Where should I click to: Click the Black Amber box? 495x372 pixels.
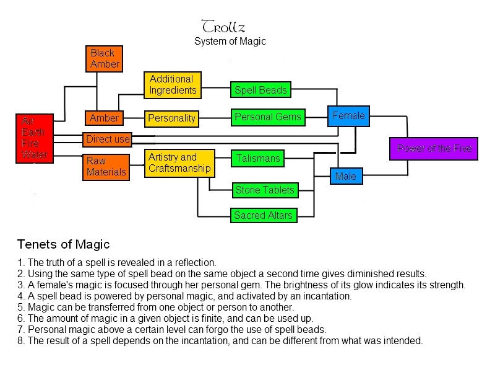coord(105,58)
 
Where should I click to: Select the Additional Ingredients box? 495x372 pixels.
coord(172,85)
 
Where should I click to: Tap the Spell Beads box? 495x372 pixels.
coord(260,91)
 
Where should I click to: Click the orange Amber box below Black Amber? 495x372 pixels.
coord(104,118)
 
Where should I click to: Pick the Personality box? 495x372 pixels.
coord(172,118)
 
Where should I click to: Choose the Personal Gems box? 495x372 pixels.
coord(268,117)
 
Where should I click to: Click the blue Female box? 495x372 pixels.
coord(348,116)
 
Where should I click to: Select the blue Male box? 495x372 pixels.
coord(345,177)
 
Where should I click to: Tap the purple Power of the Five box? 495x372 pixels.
coord(434,148)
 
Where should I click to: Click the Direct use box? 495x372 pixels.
coord(108,139)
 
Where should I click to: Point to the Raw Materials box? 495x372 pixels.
coord(106,167)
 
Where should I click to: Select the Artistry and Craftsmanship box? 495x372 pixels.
coord(179,163)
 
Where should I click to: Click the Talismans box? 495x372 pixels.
coord(257,159)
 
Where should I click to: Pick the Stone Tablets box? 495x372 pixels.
coord(265,190)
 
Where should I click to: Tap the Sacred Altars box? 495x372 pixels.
coord(263,216)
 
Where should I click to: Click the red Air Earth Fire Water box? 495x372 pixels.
coord(33,138)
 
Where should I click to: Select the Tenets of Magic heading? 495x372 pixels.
coord(63,244)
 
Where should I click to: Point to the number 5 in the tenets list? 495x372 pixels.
coord(20,307)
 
